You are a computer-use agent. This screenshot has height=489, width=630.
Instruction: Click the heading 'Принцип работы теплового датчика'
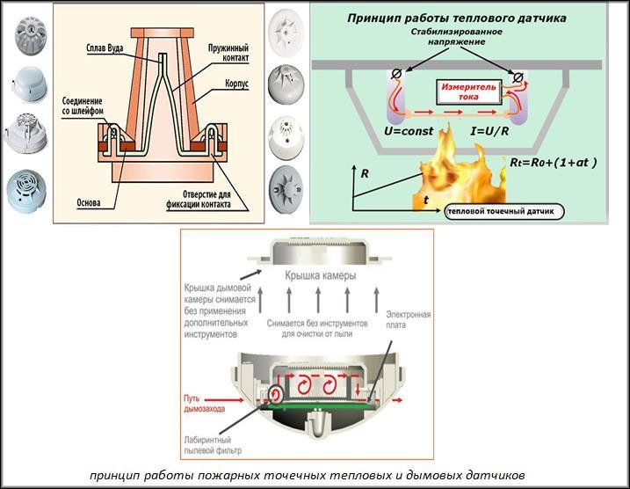(456, 18)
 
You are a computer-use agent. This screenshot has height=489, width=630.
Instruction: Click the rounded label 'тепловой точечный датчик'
(504, 212)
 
